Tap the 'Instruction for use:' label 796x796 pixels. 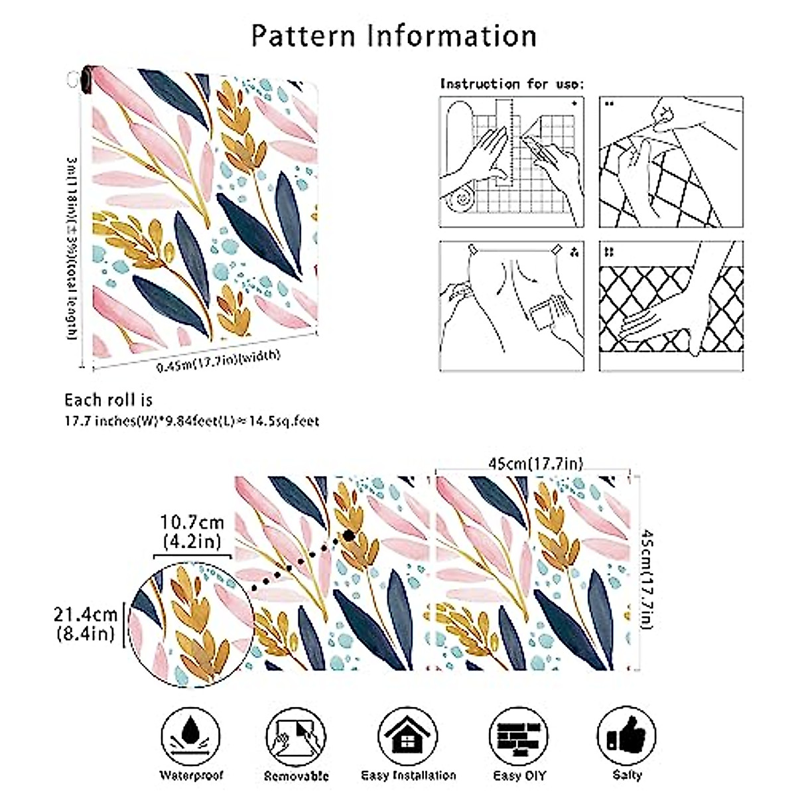[512, 84]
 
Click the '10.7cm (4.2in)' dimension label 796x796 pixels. [192, 532]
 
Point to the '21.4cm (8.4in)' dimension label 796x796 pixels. [86, 624]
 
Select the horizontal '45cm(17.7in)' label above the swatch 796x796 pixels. [535, 464]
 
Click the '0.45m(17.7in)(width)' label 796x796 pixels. [218, 361]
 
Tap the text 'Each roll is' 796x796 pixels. [108, 400]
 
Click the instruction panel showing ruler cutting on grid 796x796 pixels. [511, 162]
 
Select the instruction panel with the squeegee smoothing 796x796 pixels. [511, 305]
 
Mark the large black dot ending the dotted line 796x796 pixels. [348, 536]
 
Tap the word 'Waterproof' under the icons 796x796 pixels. [191, 775]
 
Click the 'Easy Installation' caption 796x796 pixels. [408, 775]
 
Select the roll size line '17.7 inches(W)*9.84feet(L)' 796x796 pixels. [191, 421]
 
